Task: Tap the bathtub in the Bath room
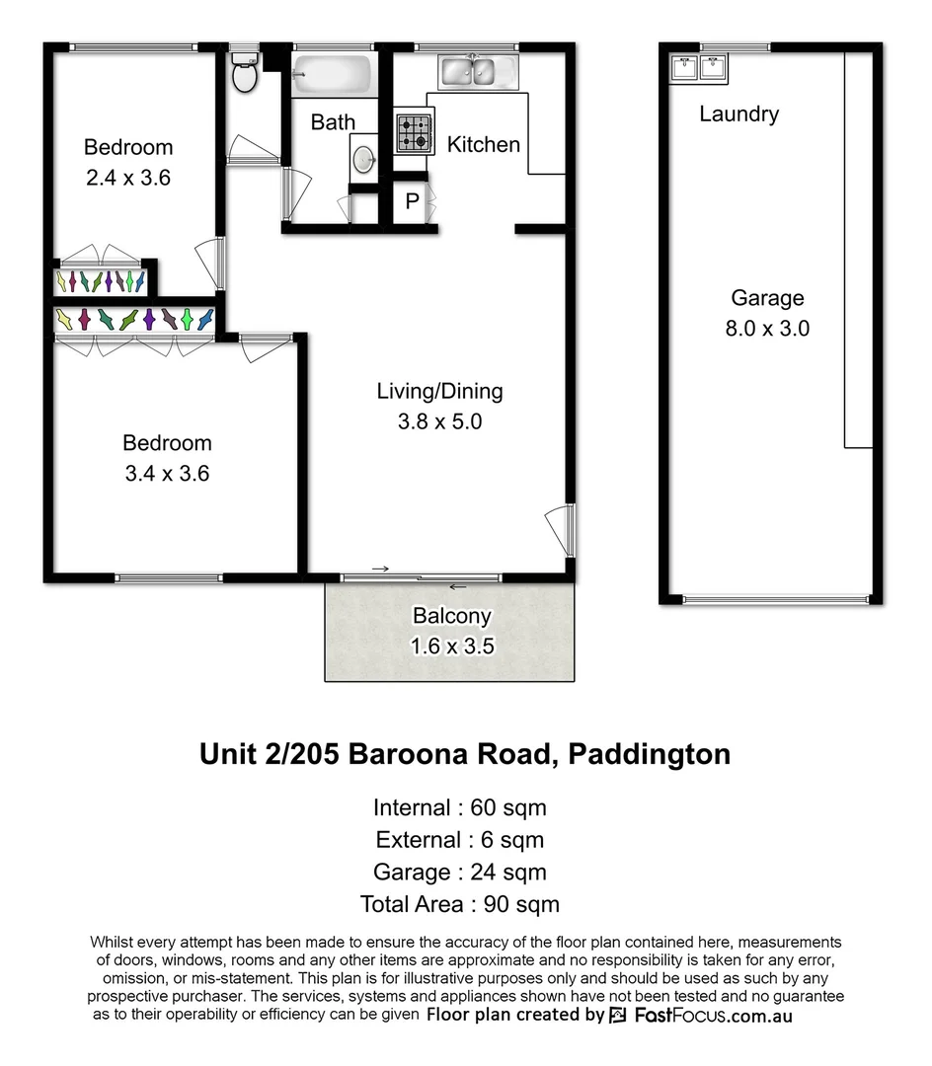click(x=332, y=73)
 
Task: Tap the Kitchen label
click(x=484, y=145)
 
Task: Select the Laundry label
click(x=738, y=114)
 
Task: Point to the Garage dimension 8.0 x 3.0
click(x=767, y=329)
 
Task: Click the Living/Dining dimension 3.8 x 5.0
click(x=439, y=421)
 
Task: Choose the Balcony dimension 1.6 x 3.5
click(x=451, y=647)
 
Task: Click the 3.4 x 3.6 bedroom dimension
click(x=167, y=474)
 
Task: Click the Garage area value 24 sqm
click(x=508, y=872)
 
